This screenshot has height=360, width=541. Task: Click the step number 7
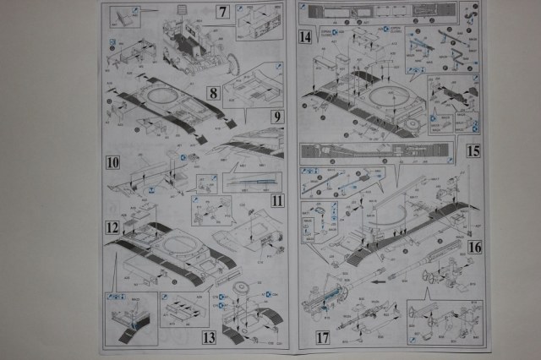(x=222, y=13)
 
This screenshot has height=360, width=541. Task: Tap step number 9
(x=277, y=117)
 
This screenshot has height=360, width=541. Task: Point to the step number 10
(x=112, y=161)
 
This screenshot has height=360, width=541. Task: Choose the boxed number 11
(x=277, y=201)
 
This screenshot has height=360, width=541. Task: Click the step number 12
(x=112, y=227)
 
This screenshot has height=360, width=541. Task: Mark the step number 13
(x=209, y=338)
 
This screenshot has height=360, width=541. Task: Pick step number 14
(x=304, y=38)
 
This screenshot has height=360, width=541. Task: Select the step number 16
(x=474, y=247)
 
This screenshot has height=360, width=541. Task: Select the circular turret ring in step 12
(x=181, y=248)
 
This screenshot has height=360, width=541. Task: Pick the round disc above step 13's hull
(x=238, y=289)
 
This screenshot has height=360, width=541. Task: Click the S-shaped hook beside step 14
(x=457, y=56)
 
